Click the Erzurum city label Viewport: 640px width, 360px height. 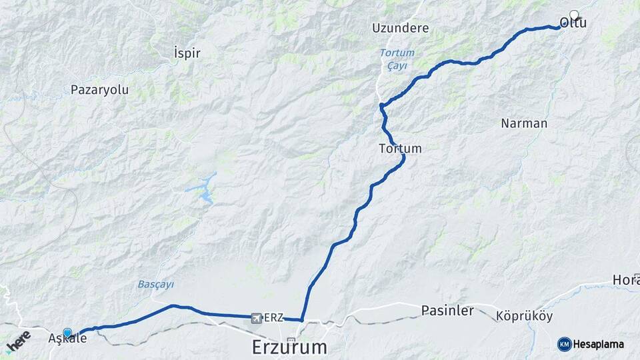(x=290, y=347)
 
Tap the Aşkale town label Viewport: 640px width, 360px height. (x=67, y=339)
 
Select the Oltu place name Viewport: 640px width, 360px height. (x=573, y=23)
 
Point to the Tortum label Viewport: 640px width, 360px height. (x=400, y=149)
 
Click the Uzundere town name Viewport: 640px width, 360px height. (x=401, y=29)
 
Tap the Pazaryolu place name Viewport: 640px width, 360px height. (x=99, y=89)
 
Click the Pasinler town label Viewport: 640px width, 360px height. (x=447, y=310)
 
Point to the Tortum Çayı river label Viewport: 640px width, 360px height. (x=397, y=59)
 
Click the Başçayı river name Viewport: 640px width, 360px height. (x=155, y=284)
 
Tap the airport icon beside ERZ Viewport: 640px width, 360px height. (x=257, y=318)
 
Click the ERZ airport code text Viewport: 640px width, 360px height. (x=274, y=318)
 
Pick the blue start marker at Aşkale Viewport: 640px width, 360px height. (x=67, y=331)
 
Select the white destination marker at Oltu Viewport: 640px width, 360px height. (x=574, y=13)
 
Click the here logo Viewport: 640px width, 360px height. (x=19, y=341)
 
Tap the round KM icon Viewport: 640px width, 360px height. (x=564, y=344)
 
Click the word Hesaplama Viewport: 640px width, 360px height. (x=601, y=345)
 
